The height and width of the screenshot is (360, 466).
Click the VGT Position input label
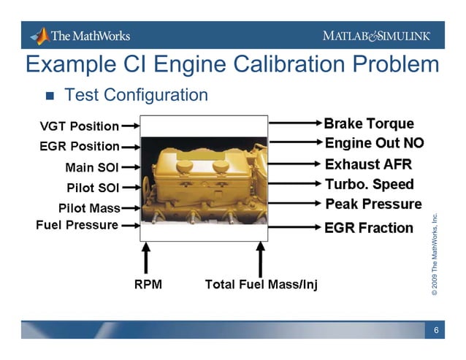(x=79, y=126)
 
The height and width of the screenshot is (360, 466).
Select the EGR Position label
(x=79, y=147)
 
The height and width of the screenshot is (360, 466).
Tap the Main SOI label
(x=92, y=167)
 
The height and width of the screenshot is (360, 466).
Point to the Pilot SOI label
(x=93, y=188)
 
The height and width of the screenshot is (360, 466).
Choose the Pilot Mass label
(x=89, y=208)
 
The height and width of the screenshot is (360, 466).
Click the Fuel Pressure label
(x=77, y=225)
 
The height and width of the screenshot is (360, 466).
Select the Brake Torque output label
(x=368, y=123)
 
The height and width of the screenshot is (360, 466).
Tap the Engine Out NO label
(x=374, y=143)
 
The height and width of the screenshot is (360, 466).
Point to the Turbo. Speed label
(x=369, y=184)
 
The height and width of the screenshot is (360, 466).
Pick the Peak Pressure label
(x=373, y=204)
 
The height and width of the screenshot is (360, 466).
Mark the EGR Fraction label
(x=369, y=228)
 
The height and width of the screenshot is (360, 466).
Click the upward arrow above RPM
(x=146, y=258)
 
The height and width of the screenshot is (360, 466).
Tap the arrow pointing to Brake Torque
(x=295, y=123)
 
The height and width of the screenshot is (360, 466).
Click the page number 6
(x=435, y=331)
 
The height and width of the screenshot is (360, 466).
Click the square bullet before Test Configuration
(x=50, y=96)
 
